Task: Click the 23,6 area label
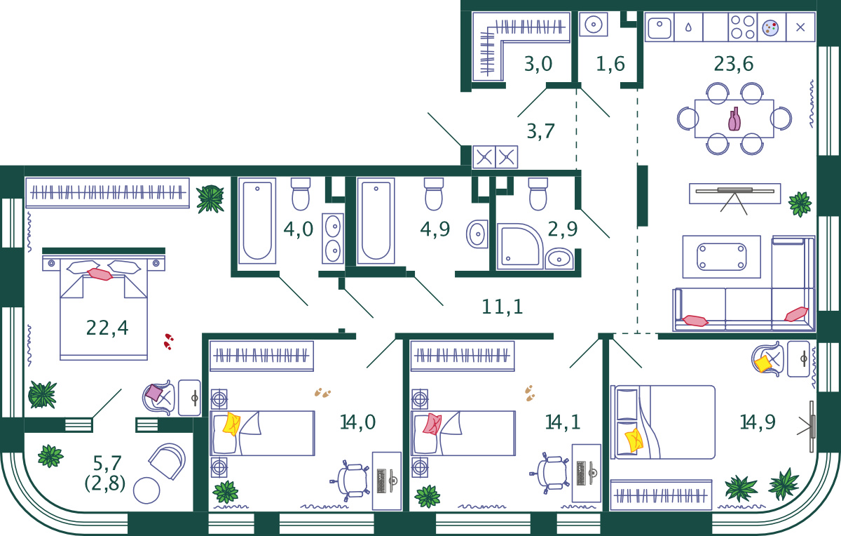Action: (733, 64)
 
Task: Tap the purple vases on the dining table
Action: (734, 119)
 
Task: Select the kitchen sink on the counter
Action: (659, 27)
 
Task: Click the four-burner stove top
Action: (743, 27)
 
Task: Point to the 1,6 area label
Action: (610, 65)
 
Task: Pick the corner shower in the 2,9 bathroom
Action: (520, 246)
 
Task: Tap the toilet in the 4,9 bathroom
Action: (434, 194)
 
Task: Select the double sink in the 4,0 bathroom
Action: (333, 239)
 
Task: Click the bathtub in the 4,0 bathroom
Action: (257, 220)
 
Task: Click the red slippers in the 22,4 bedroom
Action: (169, 341)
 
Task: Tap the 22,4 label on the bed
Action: (107, 328)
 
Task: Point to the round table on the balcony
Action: (146, 490)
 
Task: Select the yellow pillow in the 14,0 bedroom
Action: (232, 424)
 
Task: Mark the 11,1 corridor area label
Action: (502, 307)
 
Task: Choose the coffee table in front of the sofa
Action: (721, 257)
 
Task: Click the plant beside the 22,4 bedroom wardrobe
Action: (211, 199)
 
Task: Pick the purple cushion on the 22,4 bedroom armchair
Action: (154, 393)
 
